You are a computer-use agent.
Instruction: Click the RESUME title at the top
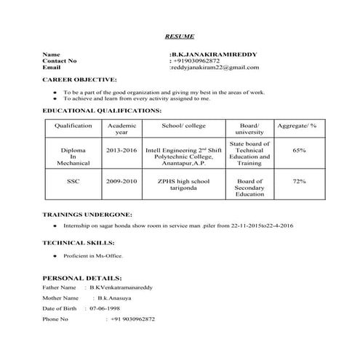(x=179, y=36)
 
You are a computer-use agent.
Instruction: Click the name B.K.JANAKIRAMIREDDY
(x=213, y=55)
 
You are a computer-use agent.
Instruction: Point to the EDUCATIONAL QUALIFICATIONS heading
(x=102, y=111)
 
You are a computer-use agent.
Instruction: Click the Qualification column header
(x=73, y=126)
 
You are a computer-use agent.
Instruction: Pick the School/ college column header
(x=184, y=126)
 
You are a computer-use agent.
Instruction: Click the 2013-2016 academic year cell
(x=121, y=150)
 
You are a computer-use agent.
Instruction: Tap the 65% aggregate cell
(x=298, y=150)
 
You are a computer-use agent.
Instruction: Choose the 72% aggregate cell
(x=298, y=180)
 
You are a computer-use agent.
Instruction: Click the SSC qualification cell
(x=73, y=180)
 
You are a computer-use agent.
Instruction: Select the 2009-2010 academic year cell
(x=121, y=180)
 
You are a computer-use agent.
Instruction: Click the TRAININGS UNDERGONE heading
(x=87, y=215)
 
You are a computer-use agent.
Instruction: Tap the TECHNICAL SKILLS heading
(x=78, y=242)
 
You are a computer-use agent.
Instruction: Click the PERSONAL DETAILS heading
(x=81, y=279)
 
